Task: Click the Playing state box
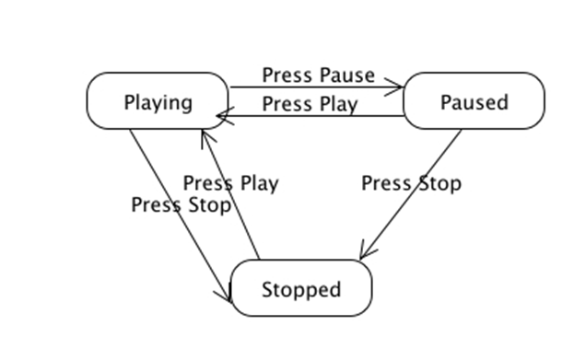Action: point(158,101)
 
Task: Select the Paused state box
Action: point(474,101)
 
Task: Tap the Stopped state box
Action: point(300,289)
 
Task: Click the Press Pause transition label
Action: point(318,75)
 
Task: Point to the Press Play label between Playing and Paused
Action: point(310,104)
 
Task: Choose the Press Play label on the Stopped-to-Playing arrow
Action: point(230,183)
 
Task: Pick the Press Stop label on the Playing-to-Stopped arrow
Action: point(181,204)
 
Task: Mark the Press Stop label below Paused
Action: point(411,183)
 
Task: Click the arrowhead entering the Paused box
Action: point(397,88)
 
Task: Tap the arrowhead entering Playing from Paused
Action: point(222,116)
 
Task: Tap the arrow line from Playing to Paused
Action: point(313,88)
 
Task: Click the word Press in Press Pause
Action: point(287,75)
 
